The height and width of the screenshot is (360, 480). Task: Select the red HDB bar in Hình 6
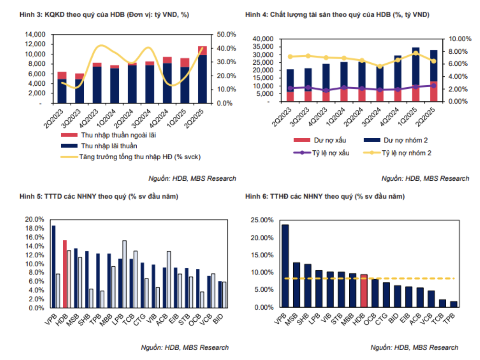click(x=364, y=291)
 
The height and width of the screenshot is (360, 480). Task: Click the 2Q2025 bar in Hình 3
click(x=202, y=75)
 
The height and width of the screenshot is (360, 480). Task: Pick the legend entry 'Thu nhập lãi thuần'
click(x=109, y=146)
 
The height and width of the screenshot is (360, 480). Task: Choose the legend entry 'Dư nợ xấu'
click(x=330, y=140)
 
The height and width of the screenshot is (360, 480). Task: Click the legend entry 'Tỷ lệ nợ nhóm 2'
click(x=406, y=153)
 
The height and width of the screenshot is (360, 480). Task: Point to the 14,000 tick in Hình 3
click(x=35, y=35)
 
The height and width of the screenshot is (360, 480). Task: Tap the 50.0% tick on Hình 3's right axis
click(x=226, y=35)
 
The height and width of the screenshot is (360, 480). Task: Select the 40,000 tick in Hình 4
click(x=263, y=39)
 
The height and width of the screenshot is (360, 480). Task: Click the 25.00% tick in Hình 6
click(x=262, y=220)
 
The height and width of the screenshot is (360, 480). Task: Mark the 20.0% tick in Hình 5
click(x=35, y=219)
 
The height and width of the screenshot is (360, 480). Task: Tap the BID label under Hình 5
click(x=218, y=319)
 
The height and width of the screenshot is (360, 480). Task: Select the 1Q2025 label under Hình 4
click(x=407, y=116)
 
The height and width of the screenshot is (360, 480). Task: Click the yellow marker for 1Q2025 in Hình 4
click(x=416, y=53)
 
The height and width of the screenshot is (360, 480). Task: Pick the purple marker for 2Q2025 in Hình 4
click(x=433, y=86)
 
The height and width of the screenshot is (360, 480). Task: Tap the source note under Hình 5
click(x=184, y=348)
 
